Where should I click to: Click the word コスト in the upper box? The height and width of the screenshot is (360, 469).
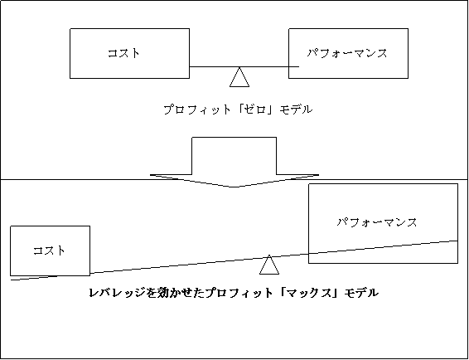tap(123, 53)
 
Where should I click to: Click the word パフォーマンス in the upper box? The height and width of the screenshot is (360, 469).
tap(347, 53)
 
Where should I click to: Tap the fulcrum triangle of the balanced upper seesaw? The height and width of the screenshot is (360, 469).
tap(239, 77)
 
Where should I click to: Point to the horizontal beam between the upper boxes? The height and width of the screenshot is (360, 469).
tap(244, 67)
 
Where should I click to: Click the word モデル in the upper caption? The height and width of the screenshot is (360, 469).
tap(296, 109)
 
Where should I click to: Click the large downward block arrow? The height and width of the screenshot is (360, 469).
tap(234, 162)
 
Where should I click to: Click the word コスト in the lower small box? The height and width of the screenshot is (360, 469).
tap(49, 251)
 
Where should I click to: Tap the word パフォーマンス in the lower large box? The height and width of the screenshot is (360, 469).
tap(377, 222)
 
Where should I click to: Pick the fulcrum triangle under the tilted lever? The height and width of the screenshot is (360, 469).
tap(269, 265)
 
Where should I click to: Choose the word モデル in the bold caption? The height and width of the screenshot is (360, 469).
tap(361, 293)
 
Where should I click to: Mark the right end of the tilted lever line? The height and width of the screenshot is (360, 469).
tap(457, 241)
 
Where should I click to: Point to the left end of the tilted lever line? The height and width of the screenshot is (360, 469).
tap(11, 280)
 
